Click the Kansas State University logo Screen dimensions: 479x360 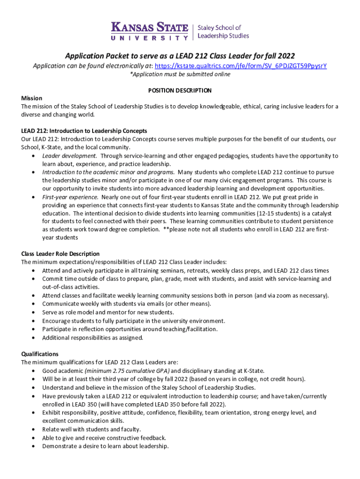149,31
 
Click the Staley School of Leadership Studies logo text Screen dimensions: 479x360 223,31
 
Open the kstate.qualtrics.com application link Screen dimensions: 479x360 240,66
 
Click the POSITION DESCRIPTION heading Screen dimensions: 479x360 180,90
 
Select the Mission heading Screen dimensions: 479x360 32,98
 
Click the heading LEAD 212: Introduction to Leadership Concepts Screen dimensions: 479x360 84,131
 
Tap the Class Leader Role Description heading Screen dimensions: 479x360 60,254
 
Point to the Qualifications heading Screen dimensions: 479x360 40,354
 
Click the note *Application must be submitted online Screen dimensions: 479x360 180,74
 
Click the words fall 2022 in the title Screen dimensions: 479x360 278,56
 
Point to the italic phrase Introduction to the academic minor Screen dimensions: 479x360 108,172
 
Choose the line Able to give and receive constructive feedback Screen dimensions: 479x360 104,438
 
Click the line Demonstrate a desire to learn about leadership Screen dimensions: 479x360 105,446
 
